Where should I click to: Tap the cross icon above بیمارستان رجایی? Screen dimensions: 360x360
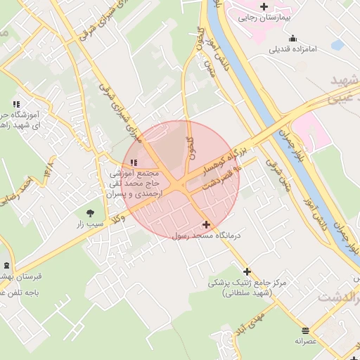pos(263,6)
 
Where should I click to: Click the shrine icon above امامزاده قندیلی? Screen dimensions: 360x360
pos(292,38)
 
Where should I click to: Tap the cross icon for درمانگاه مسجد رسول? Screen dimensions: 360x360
pos(206,225)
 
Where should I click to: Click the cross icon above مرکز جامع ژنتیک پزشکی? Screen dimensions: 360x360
pos(247,271)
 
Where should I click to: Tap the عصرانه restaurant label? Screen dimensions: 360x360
pos(306,341)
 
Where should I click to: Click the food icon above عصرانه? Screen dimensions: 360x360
pos(306,330)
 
